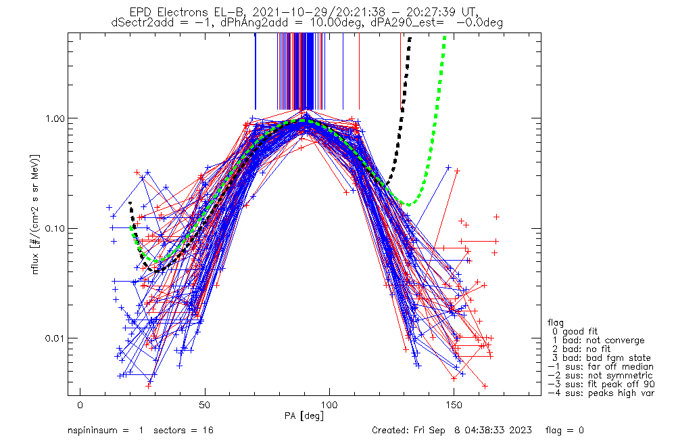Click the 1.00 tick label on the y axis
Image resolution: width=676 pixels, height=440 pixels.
point(57,118)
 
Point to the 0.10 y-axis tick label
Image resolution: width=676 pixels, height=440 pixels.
point(57,228)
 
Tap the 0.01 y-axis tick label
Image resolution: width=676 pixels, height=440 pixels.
point(57,338)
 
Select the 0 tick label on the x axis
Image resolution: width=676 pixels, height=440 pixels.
point(80,405)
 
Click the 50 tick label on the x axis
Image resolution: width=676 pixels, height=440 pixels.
point(205,405)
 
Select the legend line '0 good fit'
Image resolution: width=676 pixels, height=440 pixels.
point(581,332)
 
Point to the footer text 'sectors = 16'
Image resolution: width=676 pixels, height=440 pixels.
point(177,431)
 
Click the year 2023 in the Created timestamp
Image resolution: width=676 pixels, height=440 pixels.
point(520,431)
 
